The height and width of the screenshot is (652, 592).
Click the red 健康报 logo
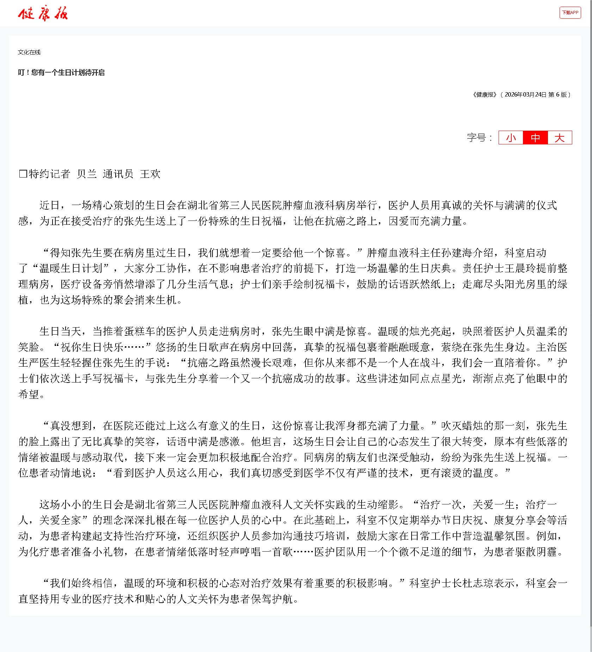43,13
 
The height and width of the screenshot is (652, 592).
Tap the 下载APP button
570,13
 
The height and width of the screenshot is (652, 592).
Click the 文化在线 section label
29,52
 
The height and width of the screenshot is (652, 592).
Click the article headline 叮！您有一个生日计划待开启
61,73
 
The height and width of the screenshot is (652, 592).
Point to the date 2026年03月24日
525,95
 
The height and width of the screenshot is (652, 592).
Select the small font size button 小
511,138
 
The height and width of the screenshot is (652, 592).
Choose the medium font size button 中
535,138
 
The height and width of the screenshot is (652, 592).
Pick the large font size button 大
560,138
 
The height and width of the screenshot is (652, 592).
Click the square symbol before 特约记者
23,174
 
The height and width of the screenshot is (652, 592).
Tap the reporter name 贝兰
87,174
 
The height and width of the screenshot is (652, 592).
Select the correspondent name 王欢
150,174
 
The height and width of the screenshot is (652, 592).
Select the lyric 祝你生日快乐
92,347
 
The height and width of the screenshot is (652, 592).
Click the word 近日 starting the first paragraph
50,205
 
